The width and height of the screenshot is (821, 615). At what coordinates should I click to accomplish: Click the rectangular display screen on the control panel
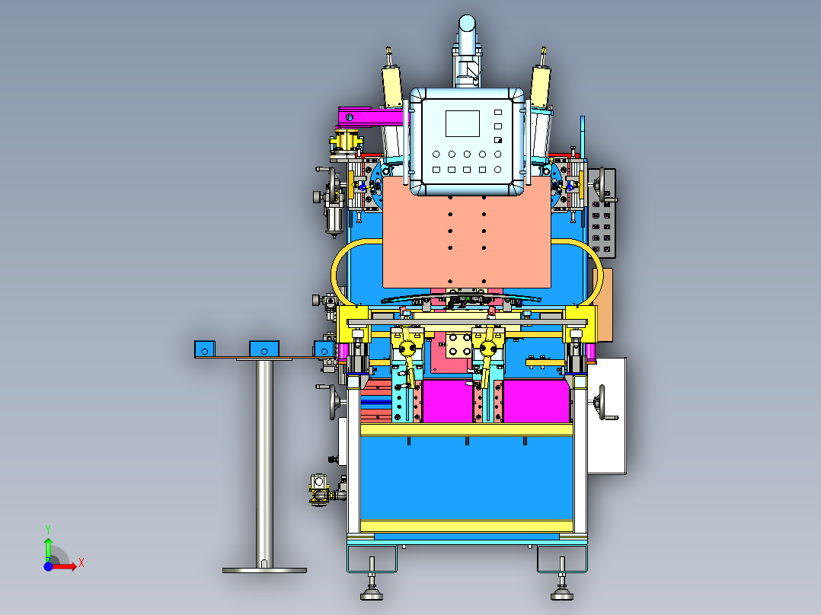click(x=462, y=123)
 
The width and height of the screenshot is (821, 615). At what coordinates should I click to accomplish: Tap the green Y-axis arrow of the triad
click(x=48, y=549)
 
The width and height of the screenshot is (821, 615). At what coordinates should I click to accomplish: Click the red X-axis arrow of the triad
click(x=64, y=566)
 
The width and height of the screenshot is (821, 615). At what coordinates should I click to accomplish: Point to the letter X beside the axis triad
click(x=81, y=563)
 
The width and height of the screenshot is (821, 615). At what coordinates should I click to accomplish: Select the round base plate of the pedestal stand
click(x=264, y=570)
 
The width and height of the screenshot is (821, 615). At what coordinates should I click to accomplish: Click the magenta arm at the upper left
click(x=371, y=116)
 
